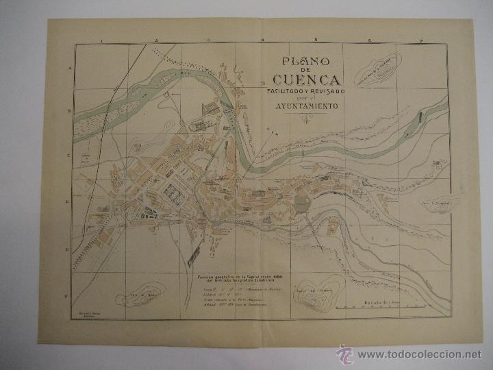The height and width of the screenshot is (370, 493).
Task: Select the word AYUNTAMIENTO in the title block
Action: pos(311,107)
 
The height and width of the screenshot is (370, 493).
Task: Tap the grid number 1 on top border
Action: pos(101,42)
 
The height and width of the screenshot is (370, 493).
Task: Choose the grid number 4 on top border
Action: pos(262,42)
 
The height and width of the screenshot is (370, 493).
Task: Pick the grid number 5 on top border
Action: pos(316,42)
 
